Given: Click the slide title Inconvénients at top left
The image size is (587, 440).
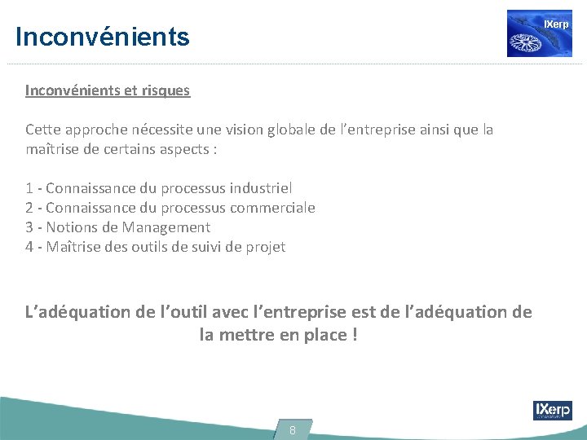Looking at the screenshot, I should [102, 37].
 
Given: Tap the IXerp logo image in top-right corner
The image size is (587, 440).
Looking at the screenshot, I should [539, 33].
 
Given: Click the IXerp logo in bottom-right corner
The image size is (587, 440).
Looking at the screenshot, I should [552, 410].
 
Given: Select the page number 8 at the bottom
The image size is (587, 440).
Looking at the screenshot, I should [293, 429].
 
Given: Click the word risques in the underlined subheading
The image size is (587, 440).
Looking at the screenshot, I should [166, 90].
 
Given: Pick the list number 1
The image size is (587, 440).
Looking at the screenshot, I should [29, 188].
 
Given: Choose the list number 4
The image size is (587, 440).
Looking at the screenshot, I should [29, 247].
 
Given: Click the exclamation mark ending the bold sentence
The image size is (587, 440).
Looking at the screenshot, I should [354, 334].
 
